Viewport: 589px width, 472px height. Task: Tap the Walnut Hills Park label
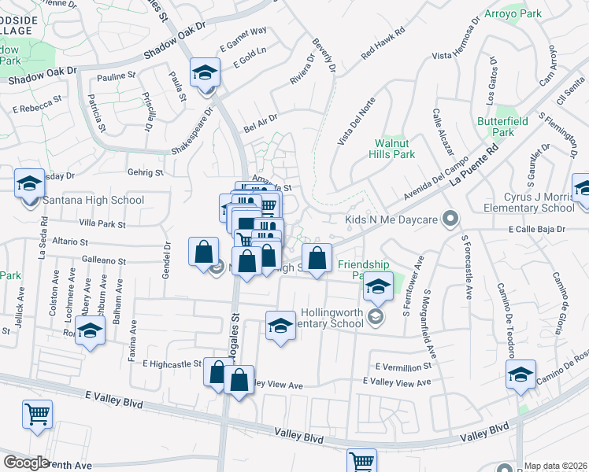pyautogui.click(x=393, y=149)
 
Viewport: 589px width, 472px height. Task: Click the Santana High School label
pyautogui.click(x=94, y=200)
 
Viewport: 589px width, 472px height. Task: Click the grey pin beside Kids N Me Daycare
pyautogui.click(x=450, y=218)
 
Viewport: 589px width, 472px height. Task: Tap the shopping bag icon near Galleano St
pyautogui.click(x=203, y=252)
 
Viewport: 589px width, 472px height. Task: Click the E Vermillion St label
pyautogui.click(x=403, y=367)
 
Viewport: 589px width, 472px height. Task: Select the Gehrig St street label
pyautogui.click(x=145, y=172)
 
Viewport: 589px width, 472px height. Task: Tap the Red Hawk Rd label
pyautogui.click(x=382, y=44)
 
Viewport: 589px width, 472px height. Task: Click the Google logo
pyautogui.click(x=26, y=462)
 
